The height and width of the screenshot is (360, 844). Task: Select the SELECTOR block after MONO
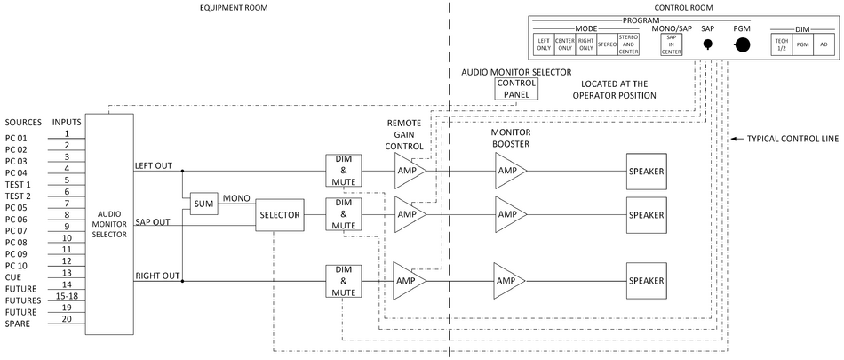pyautogui.click(x=280, y=215)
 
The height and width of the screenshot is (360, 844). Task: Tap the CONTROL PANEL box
pyautogui.click(x=516, y=88)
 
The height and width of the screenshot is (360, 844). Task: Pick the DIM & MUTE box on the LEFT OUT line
pyautogui.click(x=343, y=169)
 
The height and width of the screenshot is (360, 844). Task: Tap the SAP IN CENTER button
pyautogui.click(x=671, y=45)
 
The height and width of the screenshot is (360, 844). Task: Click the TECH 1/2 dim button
pyautogui.click(x=781, y=45)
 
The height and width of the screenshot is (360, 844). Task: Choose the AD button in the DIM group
pyautogui.click(x=824, y=45)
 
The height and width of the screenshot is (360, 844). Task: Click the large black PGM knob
pyautogui.click(x=741, y=46)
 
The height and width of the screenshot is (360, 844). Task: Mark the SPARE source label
pyautogui.click(x=19, y=323)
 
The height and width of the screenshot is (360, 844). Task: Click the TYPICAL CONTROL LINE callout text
pyautogui.click(x=785, y=140)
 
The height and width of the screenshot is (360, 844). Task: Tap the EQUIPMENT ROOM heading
pyautogui.click(x=235, y=8)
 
